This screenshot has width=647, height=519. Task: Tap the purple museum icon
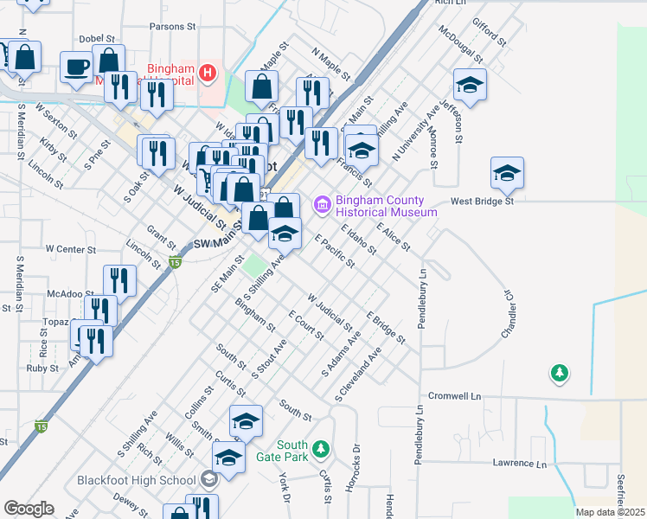pyautogui.click(x=323, y=205)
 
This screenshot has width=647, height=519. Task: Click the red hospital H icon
pyautogui.click(x=208, y=73)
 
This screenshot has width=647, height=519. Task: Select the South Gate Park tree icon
pyautogui.click(x=321, y=449)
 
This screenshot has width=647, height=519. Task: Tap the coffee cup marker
pyautogui.click(x=77, y=67)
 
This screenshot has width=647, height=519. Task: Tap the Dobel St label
pyautogui.click(x=96, y=39)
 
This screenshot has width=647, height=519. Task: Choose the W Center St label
pyautogui.click(x=68, y=248)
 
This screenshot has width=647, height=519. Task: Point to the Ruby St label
pyautogui.click(x=42, y=368)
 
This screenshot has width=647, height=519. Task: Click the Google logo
pyautogui.click(x=29, y=509)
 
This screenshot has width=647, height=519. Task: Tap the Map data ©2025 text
pyautogui.click(x=611, y=512)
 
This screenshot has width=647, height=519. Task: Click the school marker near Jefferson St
pyautogui.click(x=470, y=85)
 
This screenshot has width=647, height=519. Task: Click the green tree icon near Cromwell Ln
pyautogui.click(x=560, y=374)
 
